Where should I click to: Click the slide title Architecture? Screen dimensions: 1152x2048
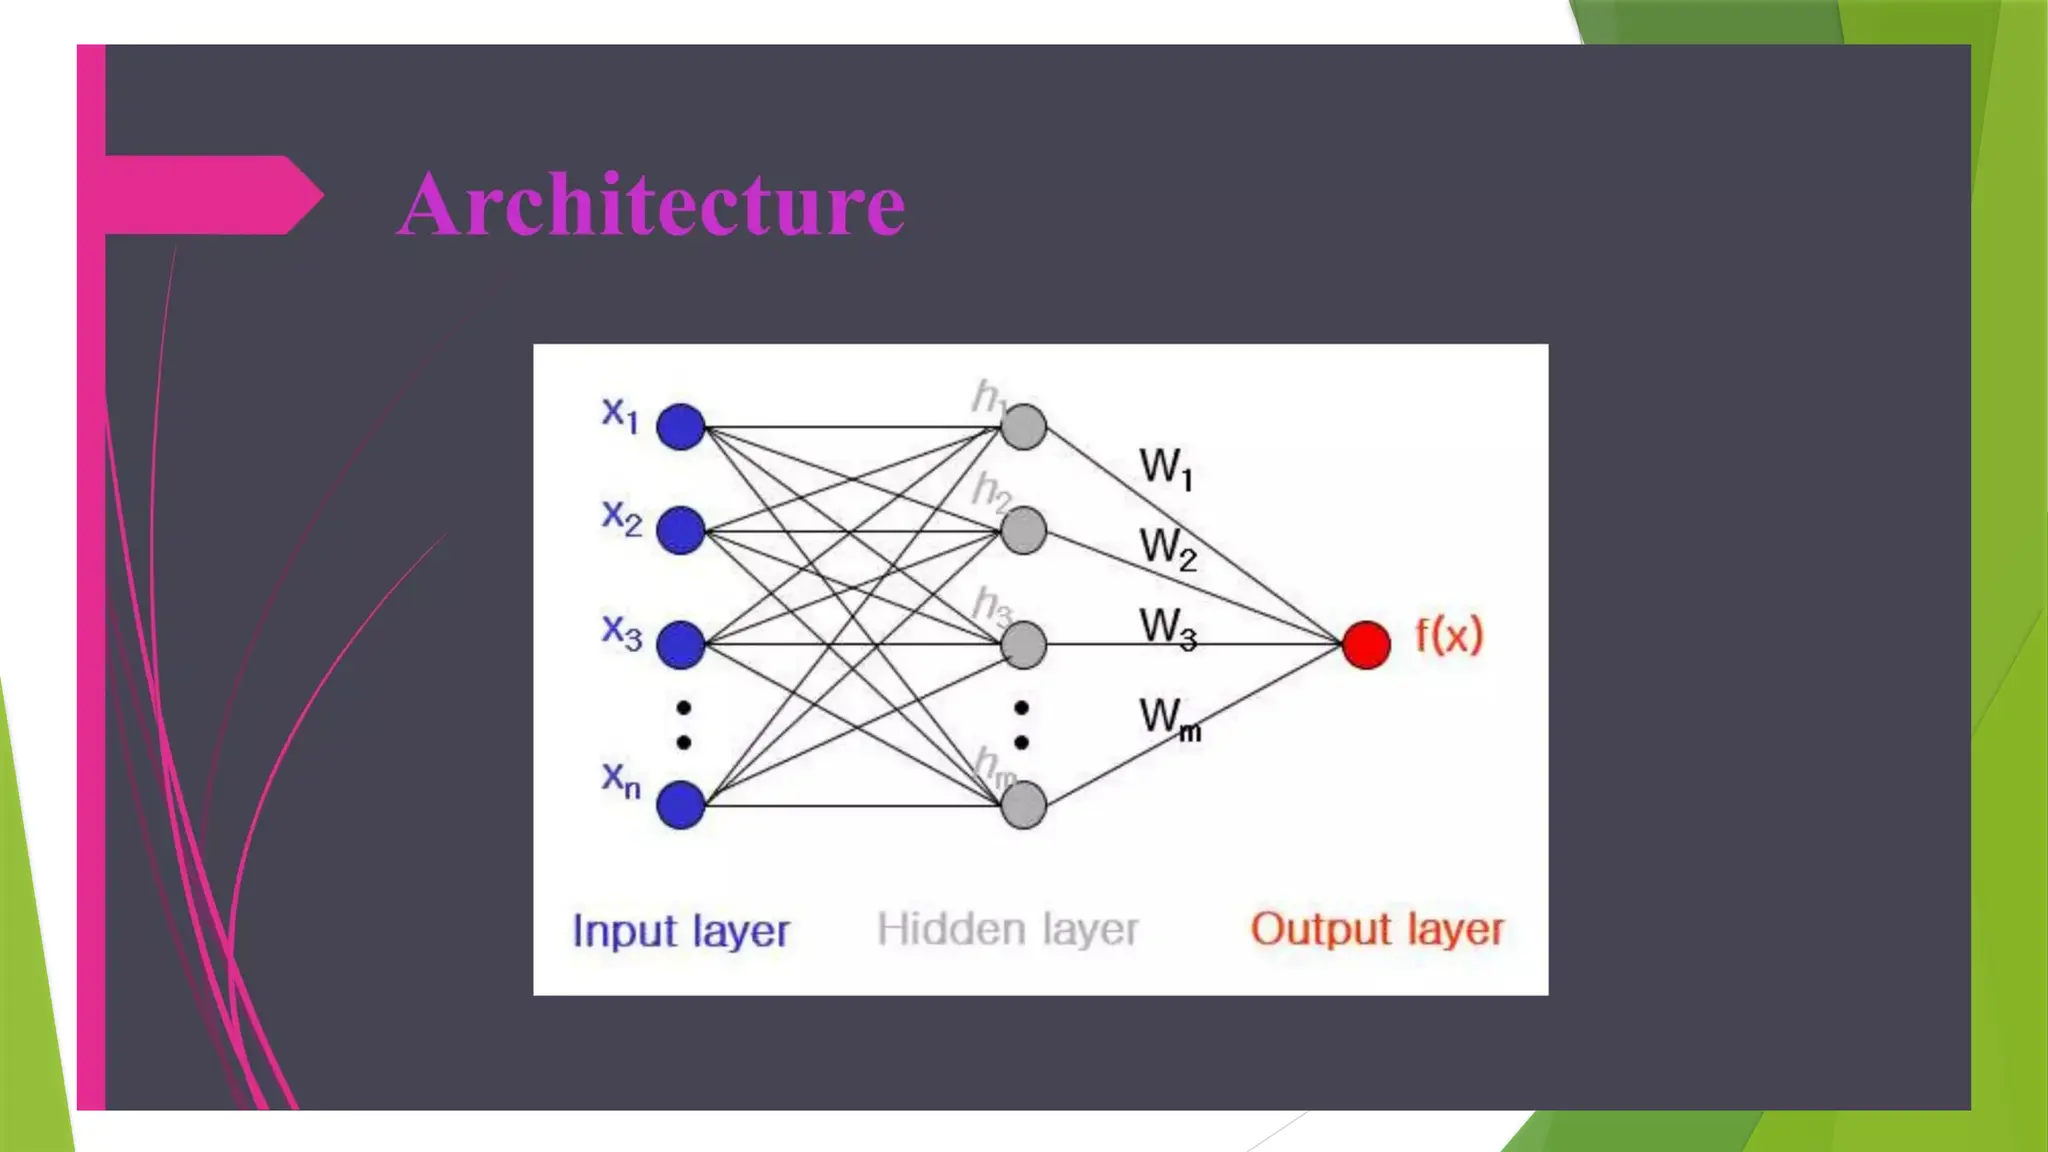651,204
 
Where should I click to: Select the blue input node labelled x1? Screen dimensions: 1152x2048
681,427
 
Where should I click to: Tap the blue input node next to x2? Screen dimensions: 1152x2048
681,530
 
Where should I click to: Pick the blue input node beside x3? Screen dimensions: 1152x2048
681,644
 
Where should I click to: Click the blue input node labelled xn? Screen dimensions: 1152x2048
681,805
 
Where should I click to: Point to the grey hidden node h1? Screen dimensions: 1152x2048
1023,427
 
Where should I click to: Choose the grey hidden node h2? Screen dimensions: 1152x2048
1023,530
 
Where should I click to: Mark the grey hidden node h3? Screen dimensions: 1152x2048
1023,644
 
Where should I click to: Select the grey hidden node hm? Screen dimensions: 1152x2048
1023,805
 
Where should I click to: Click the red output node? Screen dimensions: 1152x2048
1366,644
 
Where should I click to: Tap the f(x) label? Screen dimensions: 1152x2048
1449,636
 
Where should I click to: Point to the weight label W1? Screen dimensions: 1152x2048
1166,468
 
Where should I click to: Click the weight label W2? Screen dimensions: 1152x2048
1168,549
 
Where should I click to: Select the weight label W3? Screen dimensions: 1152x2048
1168,629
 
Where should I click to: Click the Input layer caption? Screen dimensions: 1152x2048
681,931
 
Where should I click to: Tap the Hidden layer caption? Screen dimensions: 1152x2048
1007,930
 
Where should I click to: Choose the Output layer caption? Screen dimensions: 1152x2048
1377,930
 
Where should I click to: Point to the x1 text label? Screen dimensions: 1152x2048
620,414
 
